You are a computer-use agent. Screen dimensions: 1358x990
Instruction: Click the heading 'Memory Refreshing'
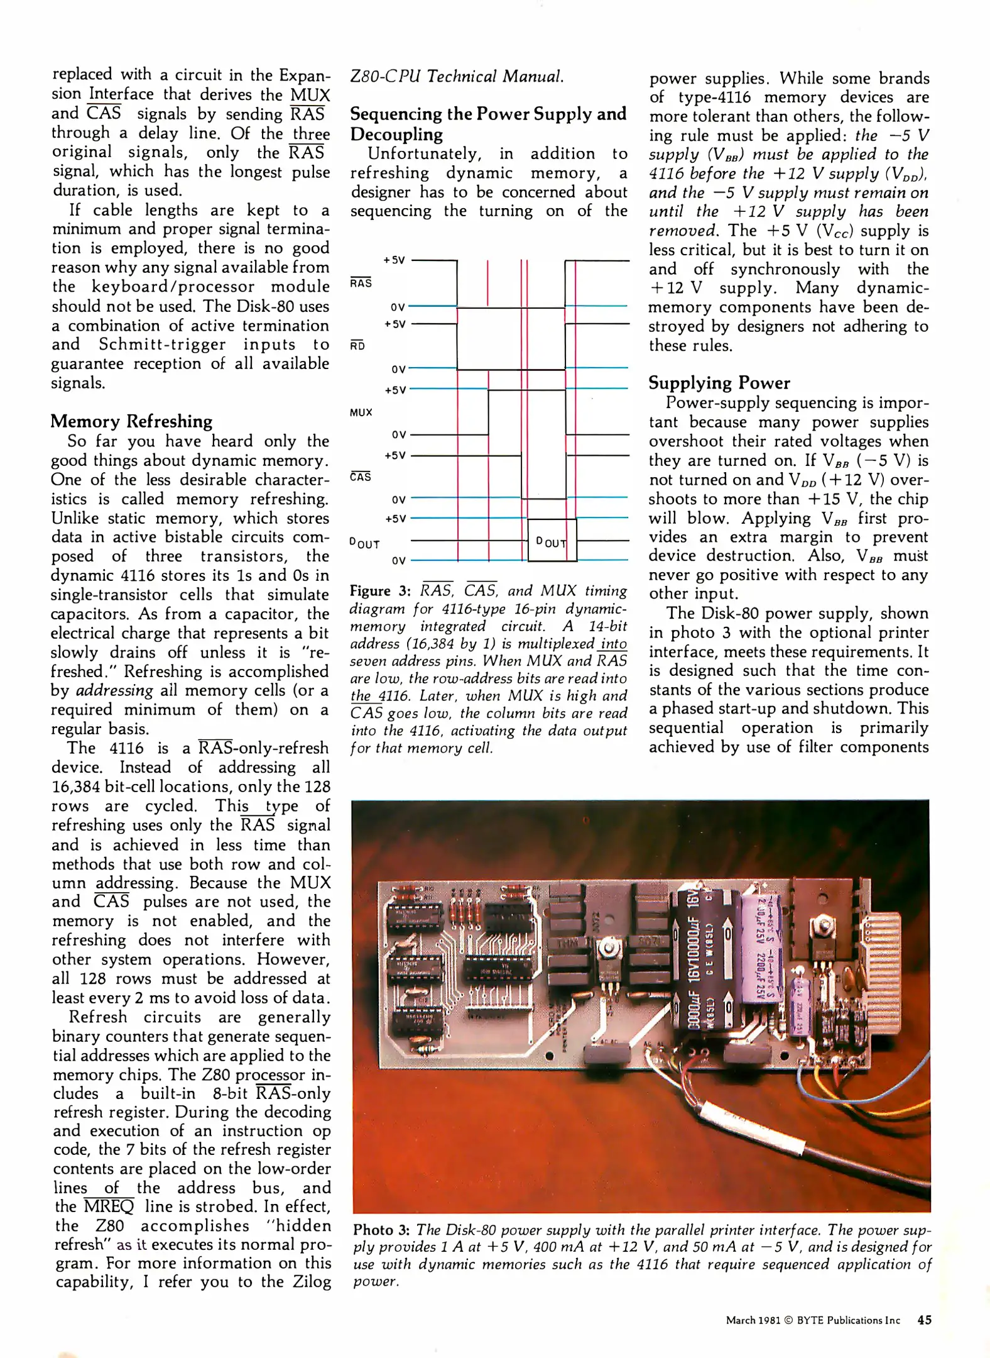131,421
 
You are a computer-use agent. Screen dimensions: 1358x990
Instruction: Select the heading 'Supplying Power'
719,383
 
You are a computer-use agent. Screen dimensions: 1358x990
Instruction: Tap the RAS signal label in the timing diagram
361,283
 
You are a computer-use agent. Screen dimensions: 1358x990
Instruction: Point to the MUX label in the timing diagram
361,412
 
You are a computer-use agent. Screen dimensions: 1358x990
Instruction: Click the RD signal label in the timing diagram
357,345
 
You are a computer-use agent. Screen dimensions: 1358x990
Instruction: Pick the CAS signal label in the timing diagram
361,477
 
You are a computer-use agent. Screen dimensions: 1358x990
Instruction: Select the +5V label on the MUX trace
396,390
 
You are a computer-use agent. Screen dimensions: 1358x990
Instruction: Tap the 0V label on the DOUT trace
398,560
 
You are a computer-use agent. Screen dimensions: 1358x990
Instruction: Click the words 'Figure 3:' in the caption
379,591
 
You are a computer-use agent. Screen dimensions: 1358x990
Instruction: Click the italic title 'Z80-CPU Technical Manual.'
457,77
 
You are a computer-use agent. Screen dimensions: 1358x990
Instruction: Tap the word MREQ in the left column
109,1206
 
